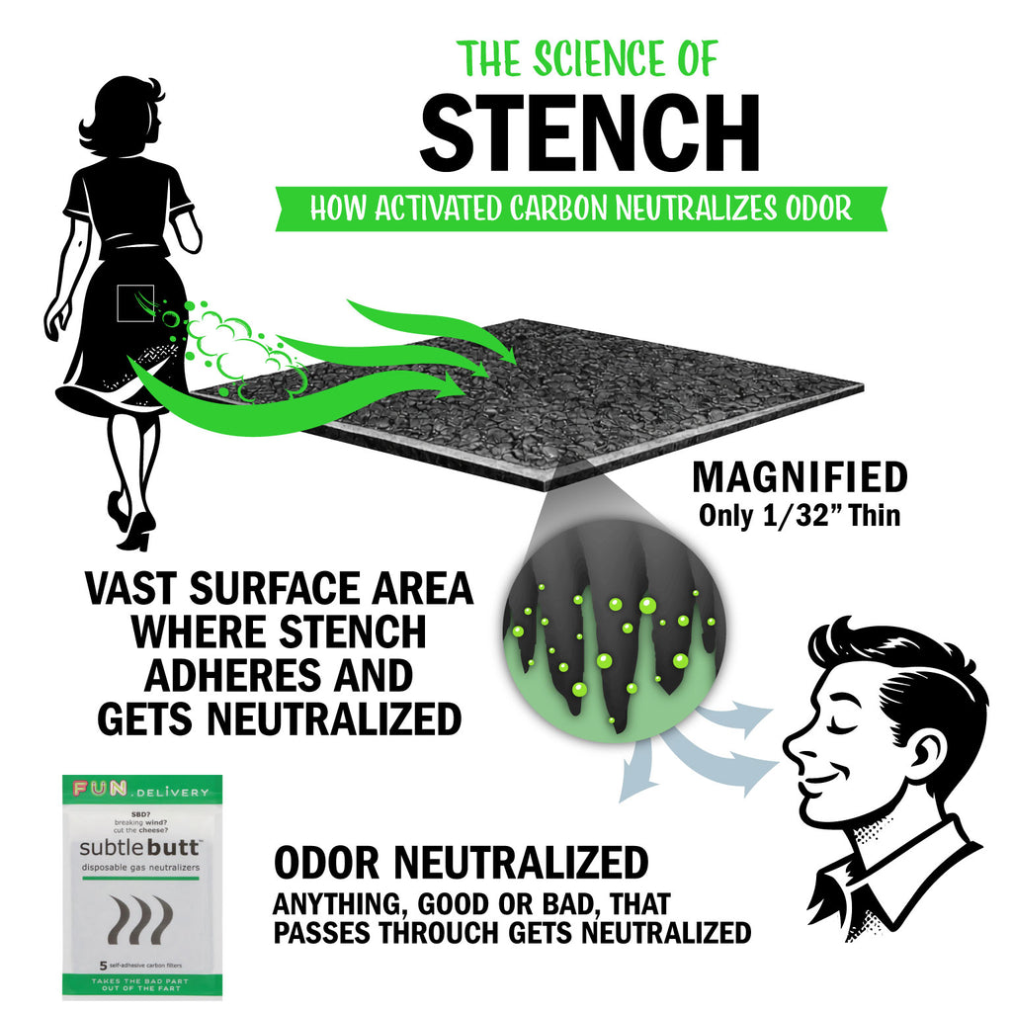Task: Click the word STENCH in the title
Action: pos(590,132)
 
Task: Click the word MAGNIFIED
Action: pos(800,477)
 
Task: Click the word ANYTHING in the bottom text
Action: pos(339,905)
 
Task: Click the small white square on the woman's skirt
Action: pos(135,302)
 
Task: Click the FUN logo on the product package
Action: pos(100,789)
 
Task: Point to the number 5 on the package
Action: pos(103,966)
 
